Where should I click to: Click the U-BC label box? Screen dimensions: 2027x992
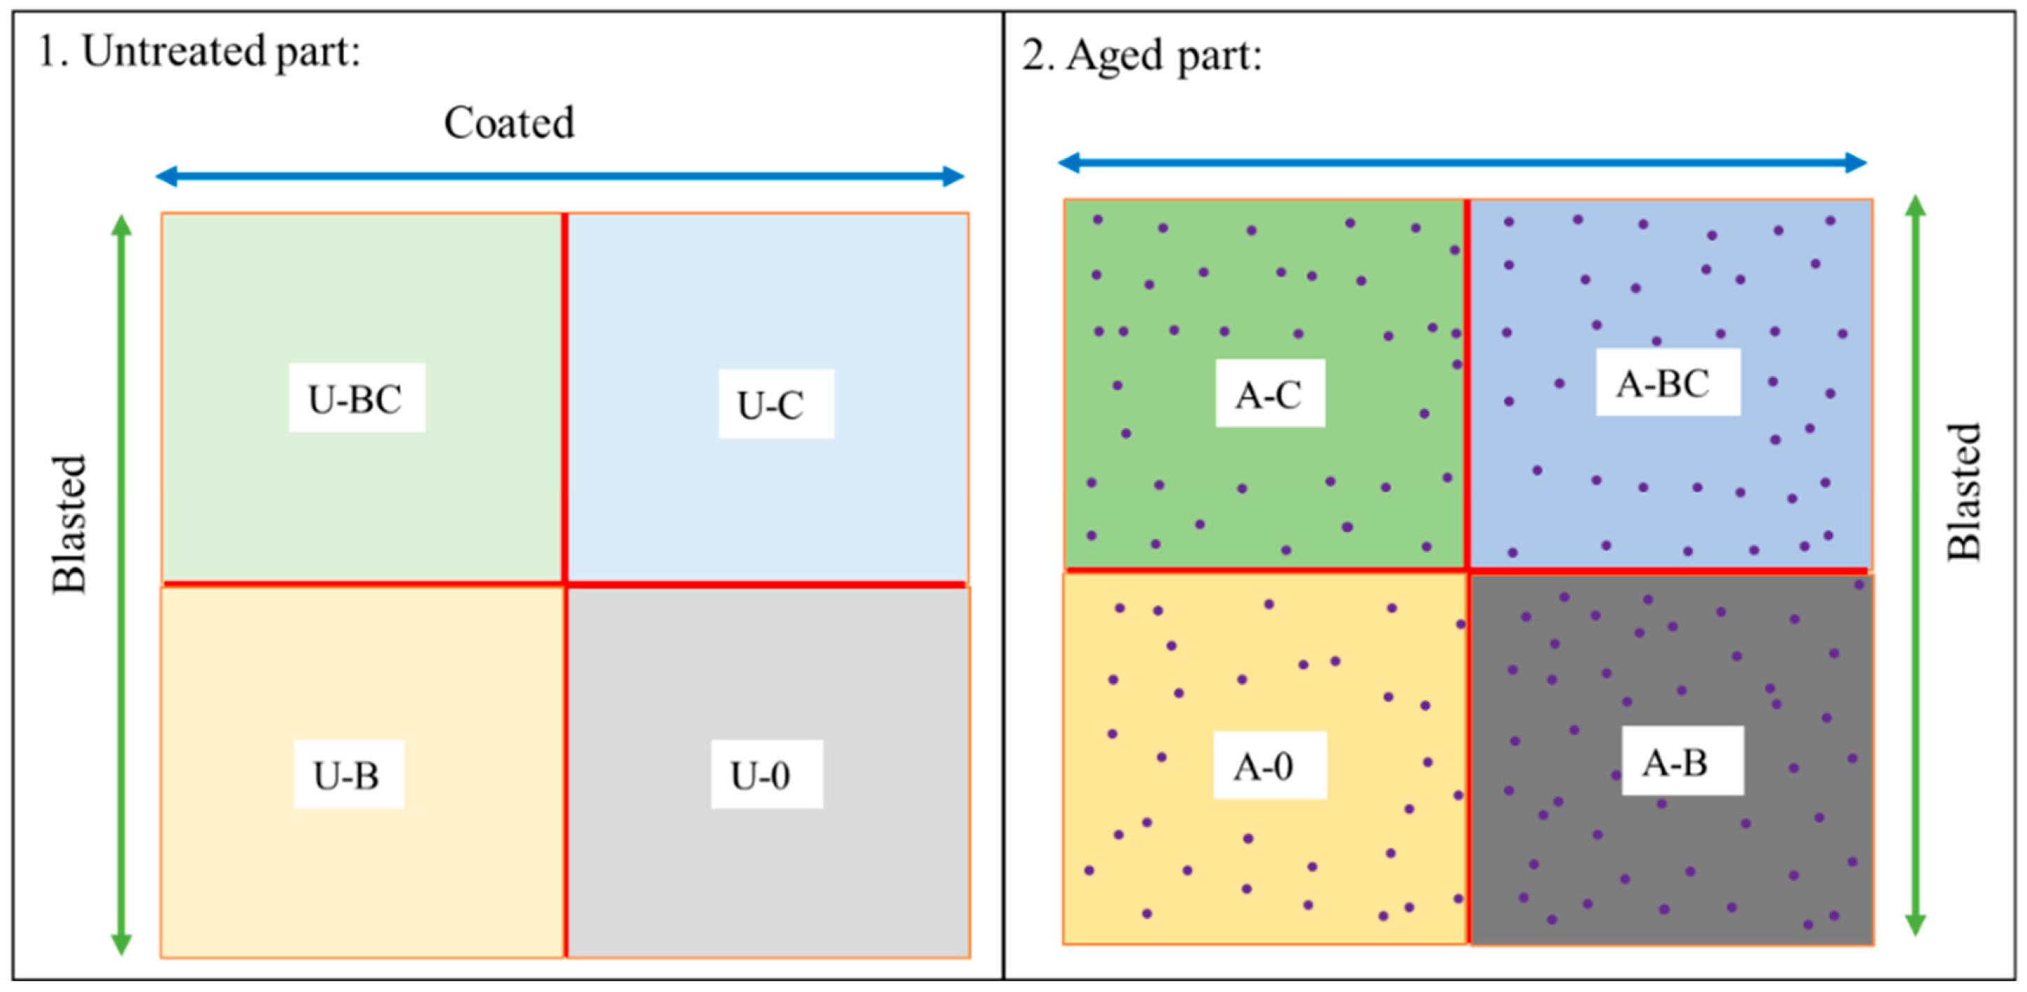pyautogui.click(x=357, y=397)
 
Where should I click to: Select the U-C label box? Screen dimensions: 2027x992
pyautogui.click(x=776, y=403)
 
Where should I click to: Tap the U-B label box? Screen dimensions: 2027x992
pyautogui.click(x=349, y=774)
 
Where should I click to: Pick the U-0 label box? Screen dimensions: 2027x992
pyautogui.click(x=767, y=774)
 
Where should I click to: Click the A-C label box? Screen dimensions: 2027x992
pyautogui.click(x=1270, y=394)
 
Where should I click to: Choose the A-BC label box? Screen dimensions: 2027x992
pyautogui.click(x=1668, y=382)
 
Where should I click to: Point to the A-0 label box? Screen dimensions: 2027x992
pyautogui.click(x=1270, y=765)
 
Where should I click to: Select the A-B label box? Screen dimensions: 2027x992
pyautogui.click(x=1682, y=761)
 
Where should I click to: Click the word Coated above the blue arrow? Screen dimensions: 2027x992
pyautogui.click(x=509, y=123)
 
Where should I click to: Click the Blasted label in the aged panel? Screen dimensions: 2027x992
pyautogui.click(x=1963, y=492)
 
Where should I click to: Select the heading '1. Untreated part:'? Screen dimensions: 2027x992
pyautogui.click(x=199, y=52)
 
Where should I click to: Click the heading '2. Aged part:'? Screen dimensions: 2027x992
pyautogui.click(x=1143, y=56)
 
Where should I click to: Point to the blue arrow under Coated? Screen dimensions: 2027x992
pyautogui.click(x=560, y=175)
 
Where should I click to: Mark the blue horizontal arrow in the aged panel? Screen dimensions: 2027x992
pyautogui.click(x=1462, y=163)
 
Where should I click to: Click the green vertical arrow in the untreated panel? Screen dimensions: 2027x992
pyautogui.click(x=121, y=584)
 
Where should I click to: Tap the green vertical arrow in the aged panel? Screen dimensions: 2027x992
pyautogui.click(x=1915, y=565)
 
